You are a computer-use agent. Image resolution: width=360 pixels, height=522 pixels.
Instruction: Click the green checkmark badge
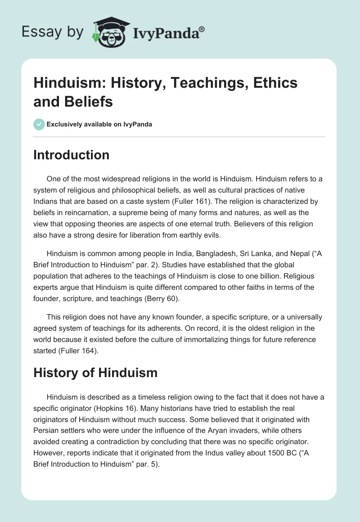(39, 124)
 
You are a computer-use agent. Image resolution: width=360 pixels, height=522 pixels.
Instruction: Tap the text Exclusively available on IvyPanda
(99, 125)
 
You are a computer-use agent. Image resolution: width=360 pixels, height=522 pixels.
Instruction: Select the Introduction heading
(71, 155)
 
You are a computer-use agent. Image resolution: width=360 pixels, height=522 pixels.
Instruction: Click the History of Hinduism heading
(95, 372)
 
